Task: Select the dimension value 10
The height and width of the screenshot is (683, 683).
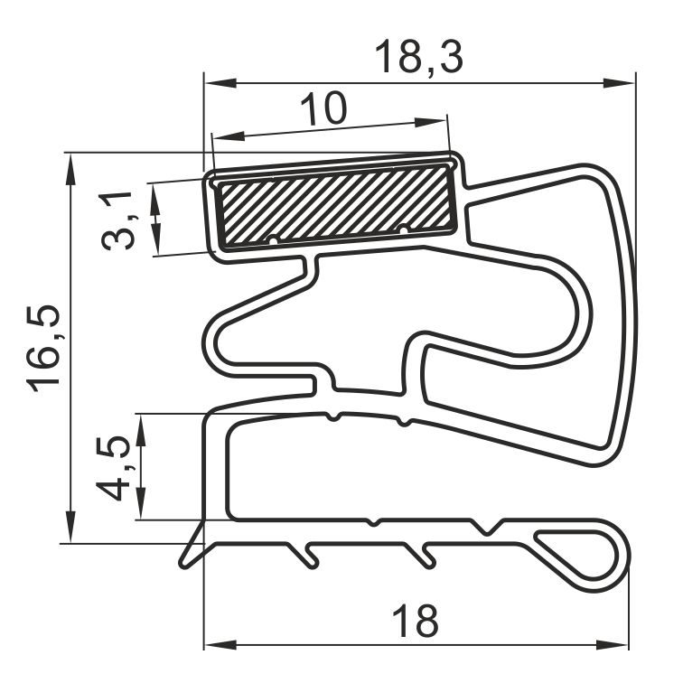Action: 324,108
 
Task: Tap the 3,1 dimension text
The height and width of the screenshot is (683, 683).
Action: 117,220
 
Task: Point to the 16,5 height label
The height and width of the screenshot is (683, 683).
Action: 42,348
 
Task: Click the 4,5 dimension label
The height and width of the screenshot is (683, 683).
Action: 112,468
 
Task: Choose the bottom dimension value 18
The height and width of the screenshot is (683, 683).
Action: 415,621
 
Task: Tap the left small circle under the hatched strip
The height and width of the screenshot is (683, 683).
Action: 273,240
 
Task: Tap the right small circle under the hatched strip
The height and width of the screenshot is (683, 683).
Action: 404,229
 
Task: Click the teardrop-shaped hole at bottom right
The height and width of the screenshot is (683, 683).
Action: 575,553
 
